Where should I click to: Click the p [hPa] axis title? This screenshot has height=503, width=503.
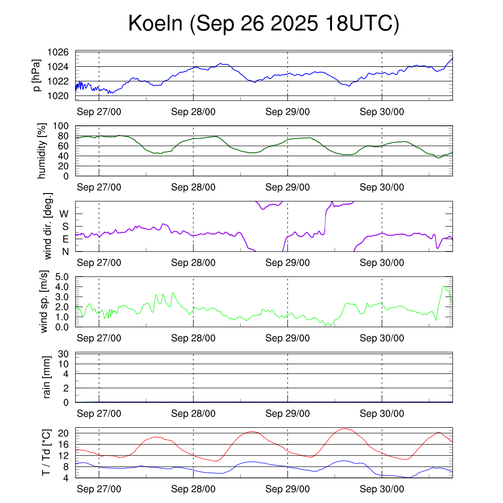tap(37, 75)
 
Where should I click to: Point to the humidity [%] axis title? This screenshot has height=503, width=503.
tap(43, 151)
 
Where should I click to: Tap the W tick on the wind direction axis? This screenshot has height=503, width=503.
tap(64, 214)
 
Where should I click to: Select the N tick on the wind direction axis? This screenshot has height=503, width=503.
tap(65, 251)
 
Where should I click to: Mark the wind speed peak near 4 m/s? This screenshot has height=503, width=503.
tap(444, 286)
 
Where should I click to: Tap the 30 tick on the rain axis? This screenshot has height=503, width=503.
tap(64, 354)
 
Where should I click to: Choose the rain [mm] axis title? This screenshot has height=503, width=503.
tap(48, 377)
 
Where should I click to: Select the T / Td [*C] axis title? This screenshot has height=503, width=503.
tap(46, 452)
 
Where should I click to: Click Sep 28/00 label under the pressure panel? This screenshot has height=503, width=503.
tap(193, 112)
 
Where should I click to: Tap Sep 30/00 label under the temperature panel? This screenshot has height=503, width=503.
tap(382, 489)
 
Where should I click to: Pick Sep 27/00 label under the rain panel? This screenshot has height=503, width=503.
tap(99, 414)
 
